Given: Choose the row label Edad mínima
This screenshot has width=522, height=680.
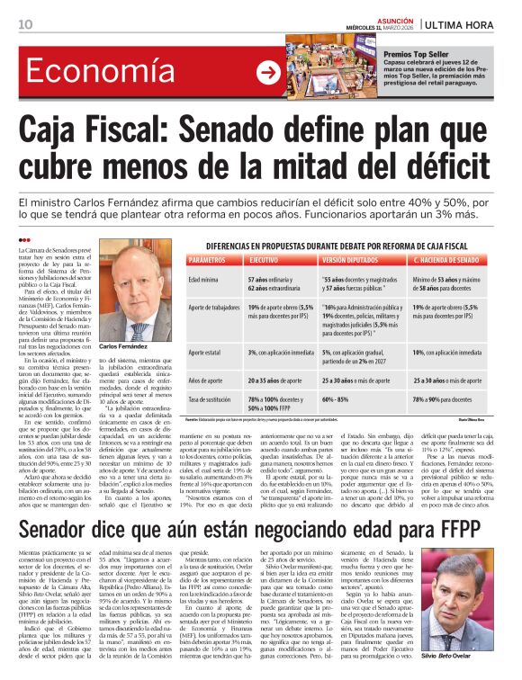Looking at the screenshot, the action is [x=203, y=280].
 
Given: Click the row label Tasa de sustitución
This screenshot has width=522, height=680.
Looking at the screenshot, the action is [x=211, y=398].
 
